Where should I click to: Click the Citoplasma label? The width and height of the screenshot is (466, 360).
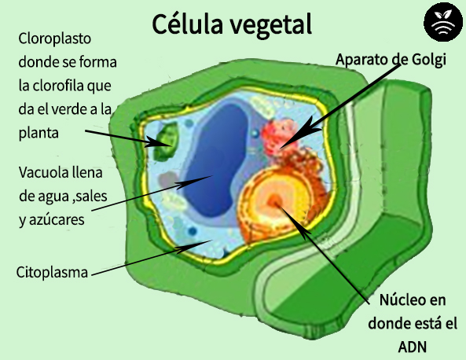click(x=51, y=273)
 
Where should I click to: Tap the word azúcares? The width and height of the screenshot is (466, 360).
click(x=56, y=219)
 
